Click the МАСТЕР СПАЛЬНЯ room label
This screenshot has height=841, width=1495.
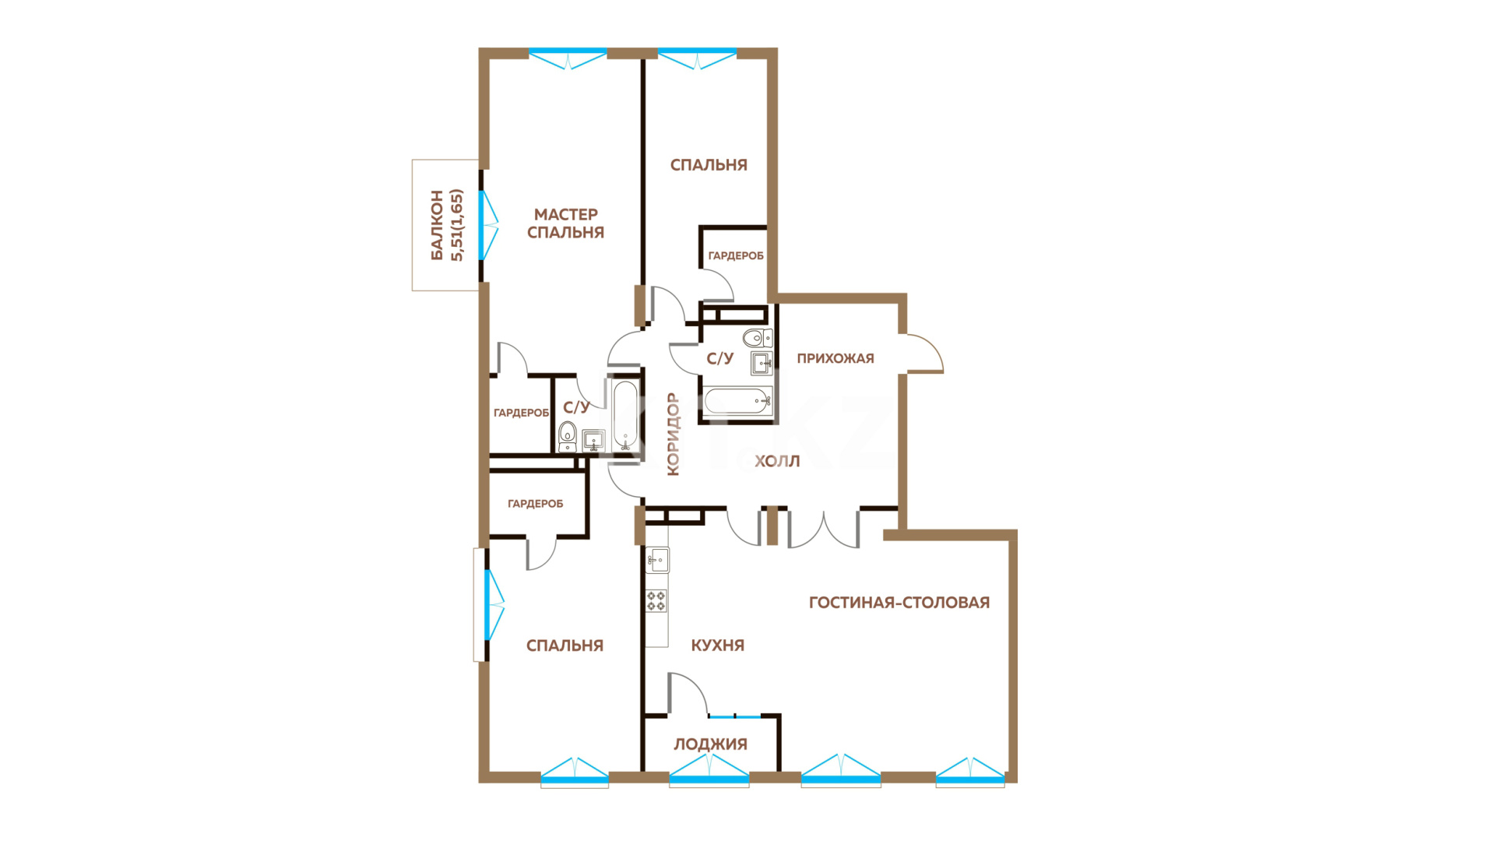566,223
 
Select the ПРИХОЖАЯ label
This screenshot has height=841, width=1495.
835,358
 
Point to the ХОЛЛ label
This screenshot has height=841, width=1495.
777,461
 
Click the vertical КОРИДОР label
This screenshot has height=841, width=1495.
674,434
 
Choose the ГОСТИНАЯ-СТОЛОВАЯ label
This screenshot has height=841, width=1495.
899,602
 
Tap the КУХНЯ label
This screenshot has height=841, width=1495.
718,645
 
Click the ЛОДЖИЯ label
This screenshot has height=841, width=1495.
710,744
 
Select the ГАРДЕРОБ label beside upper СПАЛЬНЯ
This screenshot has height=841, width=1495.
736,255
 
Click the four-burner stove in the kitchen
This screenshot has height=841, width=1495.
656,600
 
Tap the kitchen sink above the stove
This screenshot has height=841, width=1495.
658,559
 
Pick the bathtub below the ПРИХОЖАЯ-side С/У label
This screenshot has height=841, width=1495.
737,402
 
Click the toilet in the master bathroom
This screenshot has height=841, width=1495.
568,436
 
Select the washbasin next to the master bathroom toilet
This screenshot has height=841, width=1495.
593,441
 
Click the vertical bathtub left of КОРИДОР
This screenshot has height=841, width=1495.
625,415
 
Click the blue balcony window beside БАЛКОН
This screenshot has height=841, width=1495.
487,225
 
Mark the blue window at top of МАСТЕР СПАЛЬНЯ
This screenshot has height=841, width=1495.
568,58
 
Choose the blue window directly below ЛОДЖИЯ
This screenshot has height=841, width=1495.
709,771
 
